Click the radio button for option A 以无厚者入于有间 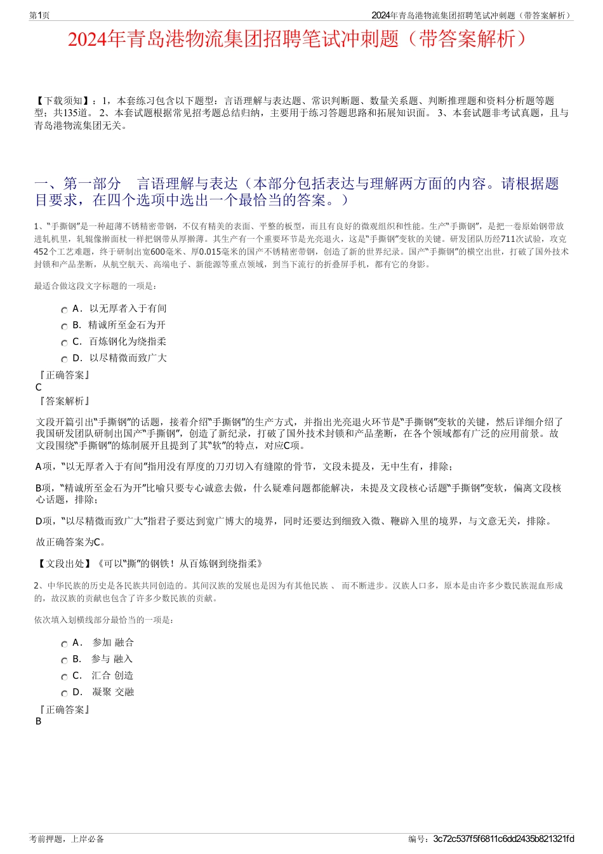click(64, 310)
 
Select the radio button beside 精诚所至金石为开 click(64, 326)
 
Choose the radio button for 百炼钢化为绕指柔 click(64, 343)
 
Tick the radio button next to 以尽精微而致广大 click(64, 359)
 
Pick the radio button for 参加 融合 click(64, 644)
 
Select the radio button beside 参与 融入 click(64, 660)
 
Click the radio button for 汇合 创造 click(64, 677)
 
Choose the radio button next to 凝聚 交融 click(64, 693)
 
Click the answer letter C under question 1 click(39, 387)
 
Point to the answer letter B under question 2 click(39, 721)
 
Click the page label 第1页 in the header click(39, 15)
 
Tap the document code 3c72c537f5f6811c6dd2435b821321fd click(503, 839)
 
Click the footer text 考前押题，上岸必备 click(67, 839)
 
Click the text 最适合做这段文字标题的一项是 click(95, 286)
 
